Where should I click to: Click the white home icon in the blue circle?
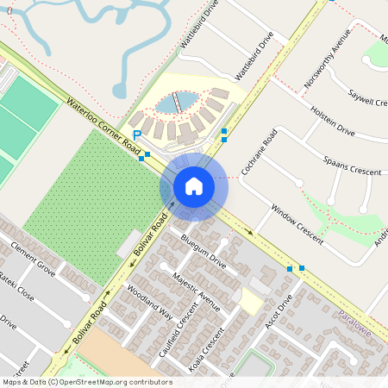click(194, 185)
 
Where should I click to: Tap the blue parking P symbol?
click(137, 135)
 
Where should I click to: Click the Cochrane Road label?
click(259, 153)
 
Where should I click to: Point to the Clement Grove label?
click(34, 260)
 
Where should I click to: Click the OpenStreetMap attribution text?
click(86, 381)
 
